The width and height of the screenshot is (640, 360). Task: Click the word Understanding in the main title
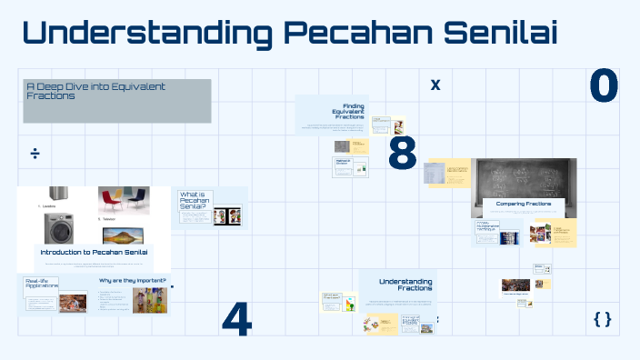click(x=145, y=34)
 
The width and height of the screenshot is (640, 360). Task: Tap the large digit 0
click(x=604, y=86)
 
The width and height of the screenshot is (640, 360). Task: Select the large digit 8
click(x=402, y=153)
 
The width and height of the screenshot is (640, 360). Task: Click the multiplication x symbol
click(x=435, y=85)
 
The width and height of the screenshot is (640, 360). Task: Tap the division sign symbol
click(x=35, y=153)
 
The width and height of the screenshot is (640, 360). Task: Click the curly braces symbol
click(x=602, y=318)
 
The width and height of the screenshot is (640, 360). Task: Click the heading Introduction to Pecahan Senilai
click(x=94, y=252)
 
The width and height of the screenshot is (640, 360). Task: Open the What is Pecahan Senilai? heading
click(x=193, y=202)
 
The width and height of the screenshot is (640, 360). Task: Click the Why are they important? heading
click(x=133, y=280)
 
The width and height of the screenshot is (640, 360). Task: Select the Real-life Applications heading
click(x=41, y=284)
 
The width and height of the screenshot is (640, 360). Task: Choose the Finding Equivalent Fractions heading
click(x=349, y=111)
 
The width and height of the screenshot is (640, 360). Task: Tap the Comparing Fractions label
click(x=523, y=205)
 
